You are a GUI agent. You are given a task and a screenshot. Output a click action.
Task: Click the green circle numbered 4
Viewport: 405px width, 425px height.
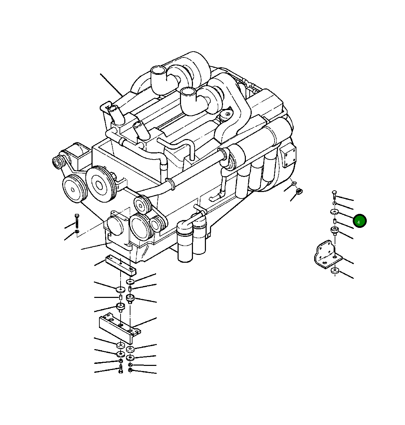click(360, 221)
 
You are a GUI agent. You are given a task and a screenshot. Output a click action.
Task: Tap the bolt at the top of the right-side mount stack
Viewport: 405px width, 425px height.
click(334, 194)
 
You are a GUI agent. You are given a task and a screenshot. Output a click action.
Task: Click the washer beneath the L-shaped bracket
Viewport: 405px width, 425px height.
click(335, 271)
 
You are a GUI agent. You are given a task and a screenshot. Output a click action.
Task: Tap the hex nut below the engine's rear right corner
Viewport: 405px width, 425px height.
click(299, 191)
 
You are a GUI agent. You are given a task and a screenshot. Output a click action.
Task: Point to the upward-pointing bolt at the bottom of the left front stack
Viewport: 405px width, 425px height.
click(121, 369)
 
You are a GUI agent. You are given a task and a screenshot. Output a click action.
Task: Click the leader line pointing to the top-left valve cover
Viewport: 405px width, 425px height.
click(111, 84)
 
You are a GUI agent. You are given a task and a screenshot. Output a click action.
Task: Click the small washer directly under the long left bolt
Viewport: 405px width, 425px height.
click(77, 233)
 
